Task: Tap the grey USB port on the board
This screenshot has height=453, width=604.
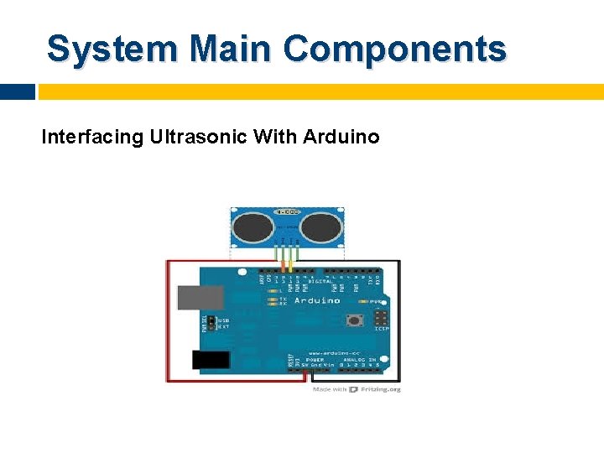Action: tap(200, 297)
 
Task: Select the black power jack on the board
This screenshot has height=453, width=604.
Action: tap(211, 361)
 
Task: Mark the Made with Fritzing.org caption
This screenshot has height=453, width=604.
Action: tap(357, 389)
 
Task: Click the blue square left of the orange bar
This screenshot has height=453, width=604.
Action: tap(17, 91)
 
